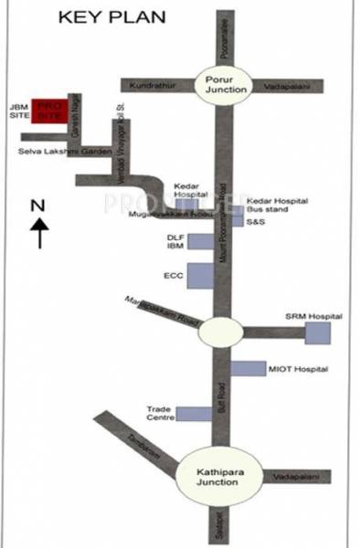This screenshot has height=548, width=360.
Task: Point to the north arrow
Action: pos(38,234)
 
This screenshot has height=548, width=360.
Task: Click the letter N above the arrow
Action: pos(37,205)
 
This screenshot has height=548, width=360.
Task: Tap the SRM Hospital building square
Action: pos(318,333)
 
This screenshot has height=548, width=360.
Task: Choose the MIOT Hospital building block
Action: pos(247,369)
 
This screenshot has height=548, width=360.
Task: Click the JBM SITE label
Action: pos(18,112)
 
